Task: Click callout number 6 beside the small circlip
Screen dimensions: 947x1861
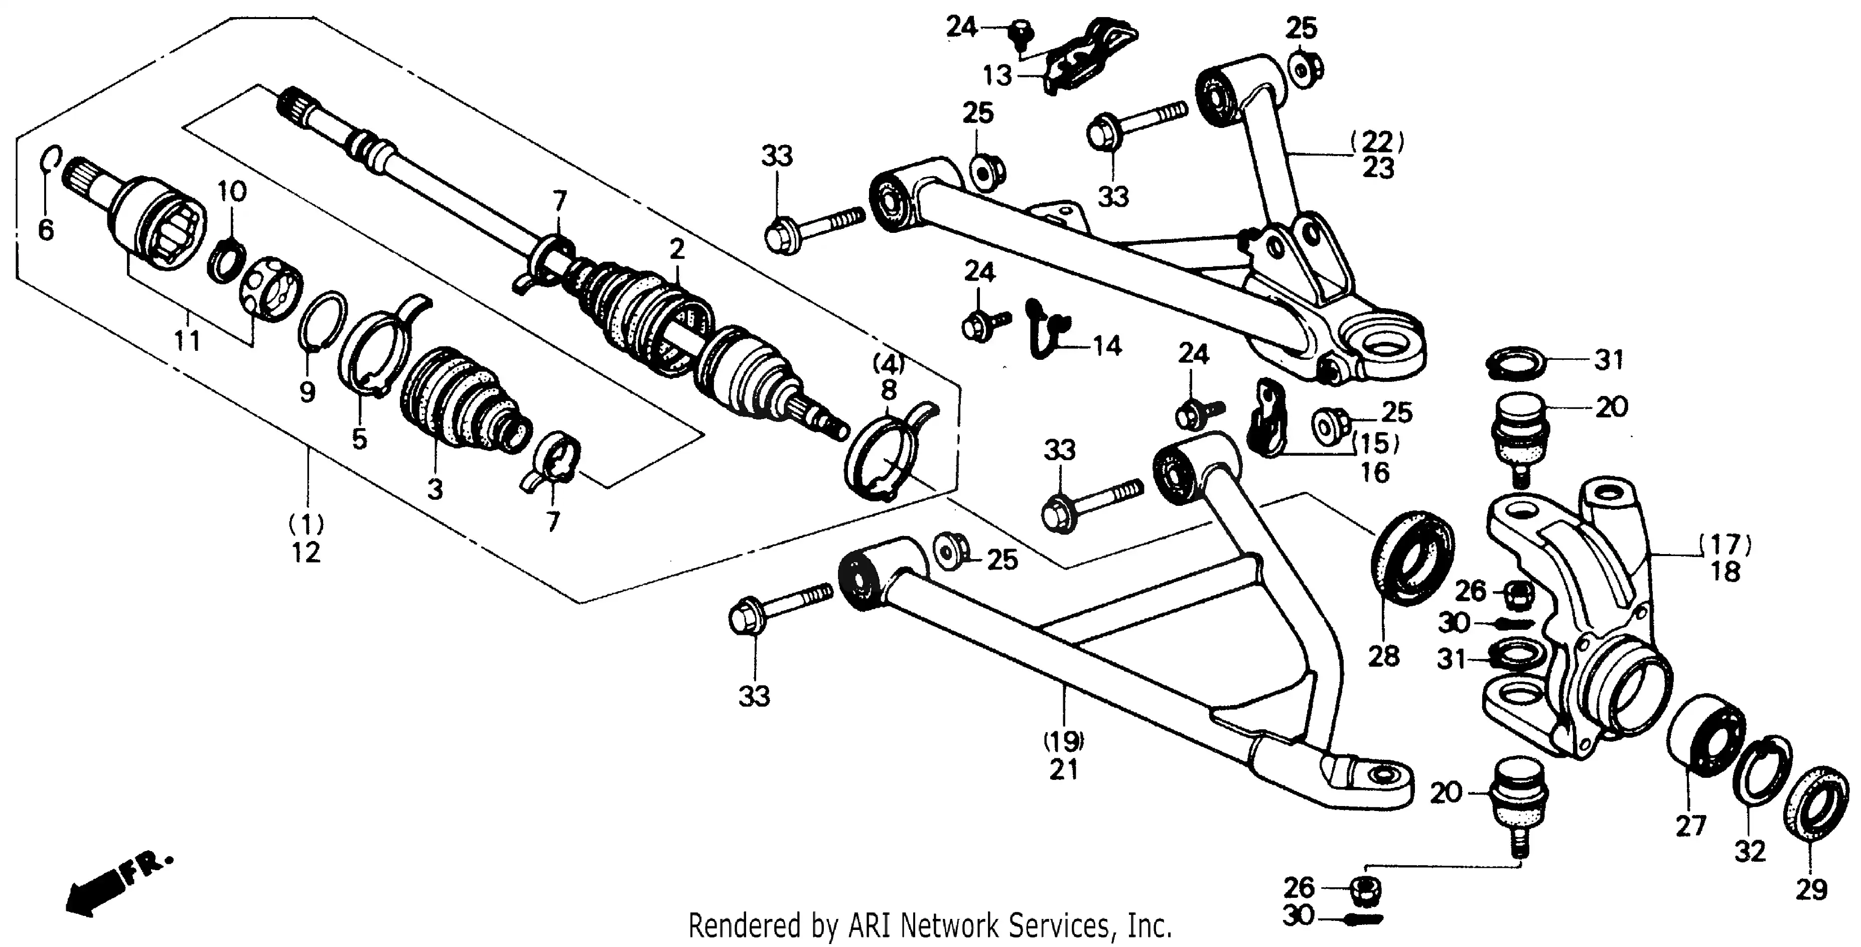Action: (46, 230)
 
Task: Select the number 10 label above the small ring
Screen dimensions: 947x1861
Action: (232, 191)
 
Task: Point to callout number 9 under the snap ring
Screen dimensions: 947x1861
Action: (307, 392)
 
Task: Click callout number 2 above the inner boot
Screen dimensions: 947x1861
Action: (676, 249)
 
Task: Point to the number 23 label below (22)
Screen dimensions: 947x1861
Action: (1378, 168)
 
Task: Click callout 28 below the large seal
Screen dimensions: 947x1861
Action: (1383, 656)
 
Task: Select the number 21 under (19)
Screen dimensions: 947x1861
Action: (1063, 770)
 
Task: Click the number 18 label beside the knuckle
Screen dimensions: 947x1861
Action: (1725, 572)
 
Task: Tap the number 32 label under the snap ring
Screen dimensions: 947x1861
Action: (1750, 852)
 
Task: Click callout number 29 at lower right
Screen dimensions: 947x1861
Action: (1811, 889)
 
